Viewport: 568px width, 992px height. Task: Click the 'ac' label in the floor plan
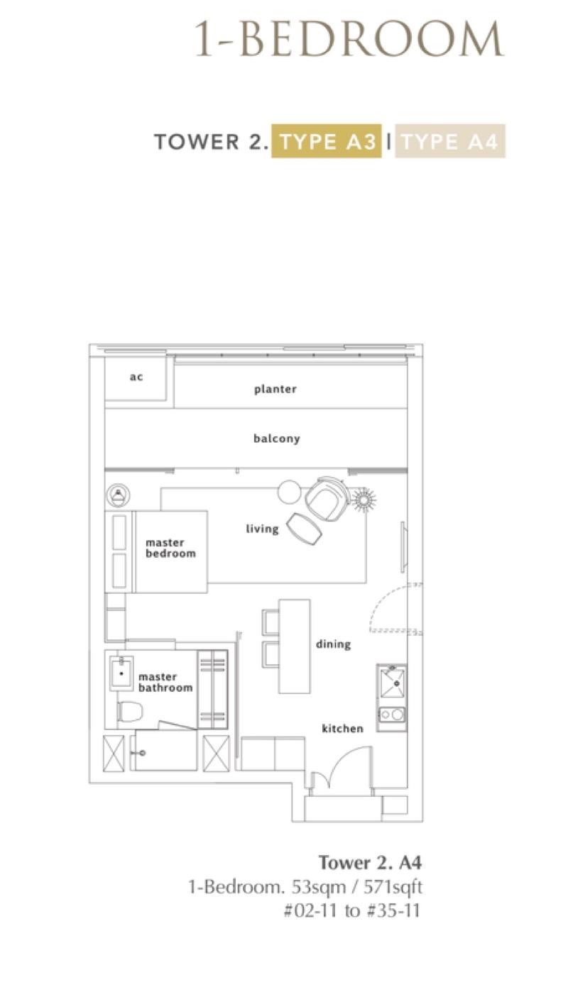tap(136, 377)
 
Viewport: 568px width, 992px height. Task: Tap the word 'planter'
tap(275, 390)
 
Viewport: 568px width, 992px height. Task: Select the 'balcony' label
tap(276, 439)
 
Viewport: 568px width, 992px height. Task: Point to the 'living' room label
tap(262, 529)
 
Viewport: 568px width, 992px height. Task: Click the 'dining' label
tap(333, 644)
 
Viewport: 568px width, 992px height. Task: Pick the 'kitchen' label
tap(342, 729)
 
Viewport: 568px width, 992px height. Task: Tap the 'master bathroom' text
tap(165, 683)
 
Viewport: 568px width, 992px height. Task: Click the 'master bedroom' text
tap(170, 548)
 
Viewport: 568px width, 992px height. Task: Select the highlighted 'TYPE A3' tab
tap(327, 142)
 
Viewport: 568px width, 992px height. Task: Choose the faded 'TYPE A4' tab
tap(450, 142)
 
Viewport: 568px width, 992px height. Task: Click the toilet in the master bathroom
tap(130, 711)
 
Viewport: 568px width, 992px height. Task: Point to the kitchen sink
tap(392, 684)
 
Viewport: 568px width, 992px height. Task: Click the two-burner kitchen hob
tap(392, 715)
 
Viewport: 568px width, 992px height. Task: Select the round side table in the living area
tap(289, 492)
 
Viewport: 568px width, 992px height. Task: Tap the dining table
tap(294, 646)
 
